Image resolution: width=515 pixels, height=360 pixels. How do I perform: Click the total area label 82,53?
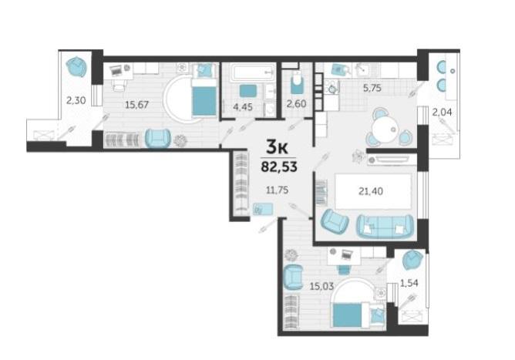[279, 167]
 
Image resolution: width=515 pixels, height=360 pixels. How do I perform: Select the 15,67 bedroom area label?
[136, 105]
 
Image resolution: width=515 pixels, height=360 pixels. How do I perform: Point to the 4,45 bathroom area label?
[242, 106]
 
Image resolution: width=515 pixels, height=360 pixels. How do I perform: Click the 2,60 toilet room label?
[297, 104]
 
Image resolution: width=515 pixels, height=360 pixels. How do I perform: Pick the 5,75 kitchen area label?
[372, 88]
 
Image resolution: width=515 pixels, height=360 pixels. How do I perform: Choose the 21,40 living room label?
[371, 191]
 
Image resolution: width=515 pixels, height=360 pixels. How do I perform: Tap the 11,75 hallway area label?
[278, 190]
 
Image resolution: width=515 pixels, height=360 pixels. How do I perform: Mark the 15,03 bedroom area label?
[322, 286]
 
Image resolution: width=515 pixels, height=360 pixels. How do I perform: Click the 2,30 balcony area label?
[76, 100]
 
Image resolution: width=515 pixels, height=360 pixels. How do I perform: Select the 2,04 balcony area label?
[442, 113]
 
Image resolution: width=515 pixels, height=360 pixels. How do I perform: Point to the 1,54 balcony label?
[409, 283]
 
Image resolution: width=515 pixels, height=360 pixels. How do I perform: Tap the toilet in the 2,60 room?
[298, 82]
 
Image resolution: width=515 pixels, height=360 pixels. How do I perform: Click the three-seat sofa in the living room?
[385, 227]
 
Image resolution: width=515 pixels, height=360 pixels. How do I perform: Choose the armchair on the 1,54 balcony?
[412, 260]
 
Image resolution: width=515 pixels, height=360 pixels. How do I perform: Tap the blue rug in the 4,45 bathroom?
[247, 90]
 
